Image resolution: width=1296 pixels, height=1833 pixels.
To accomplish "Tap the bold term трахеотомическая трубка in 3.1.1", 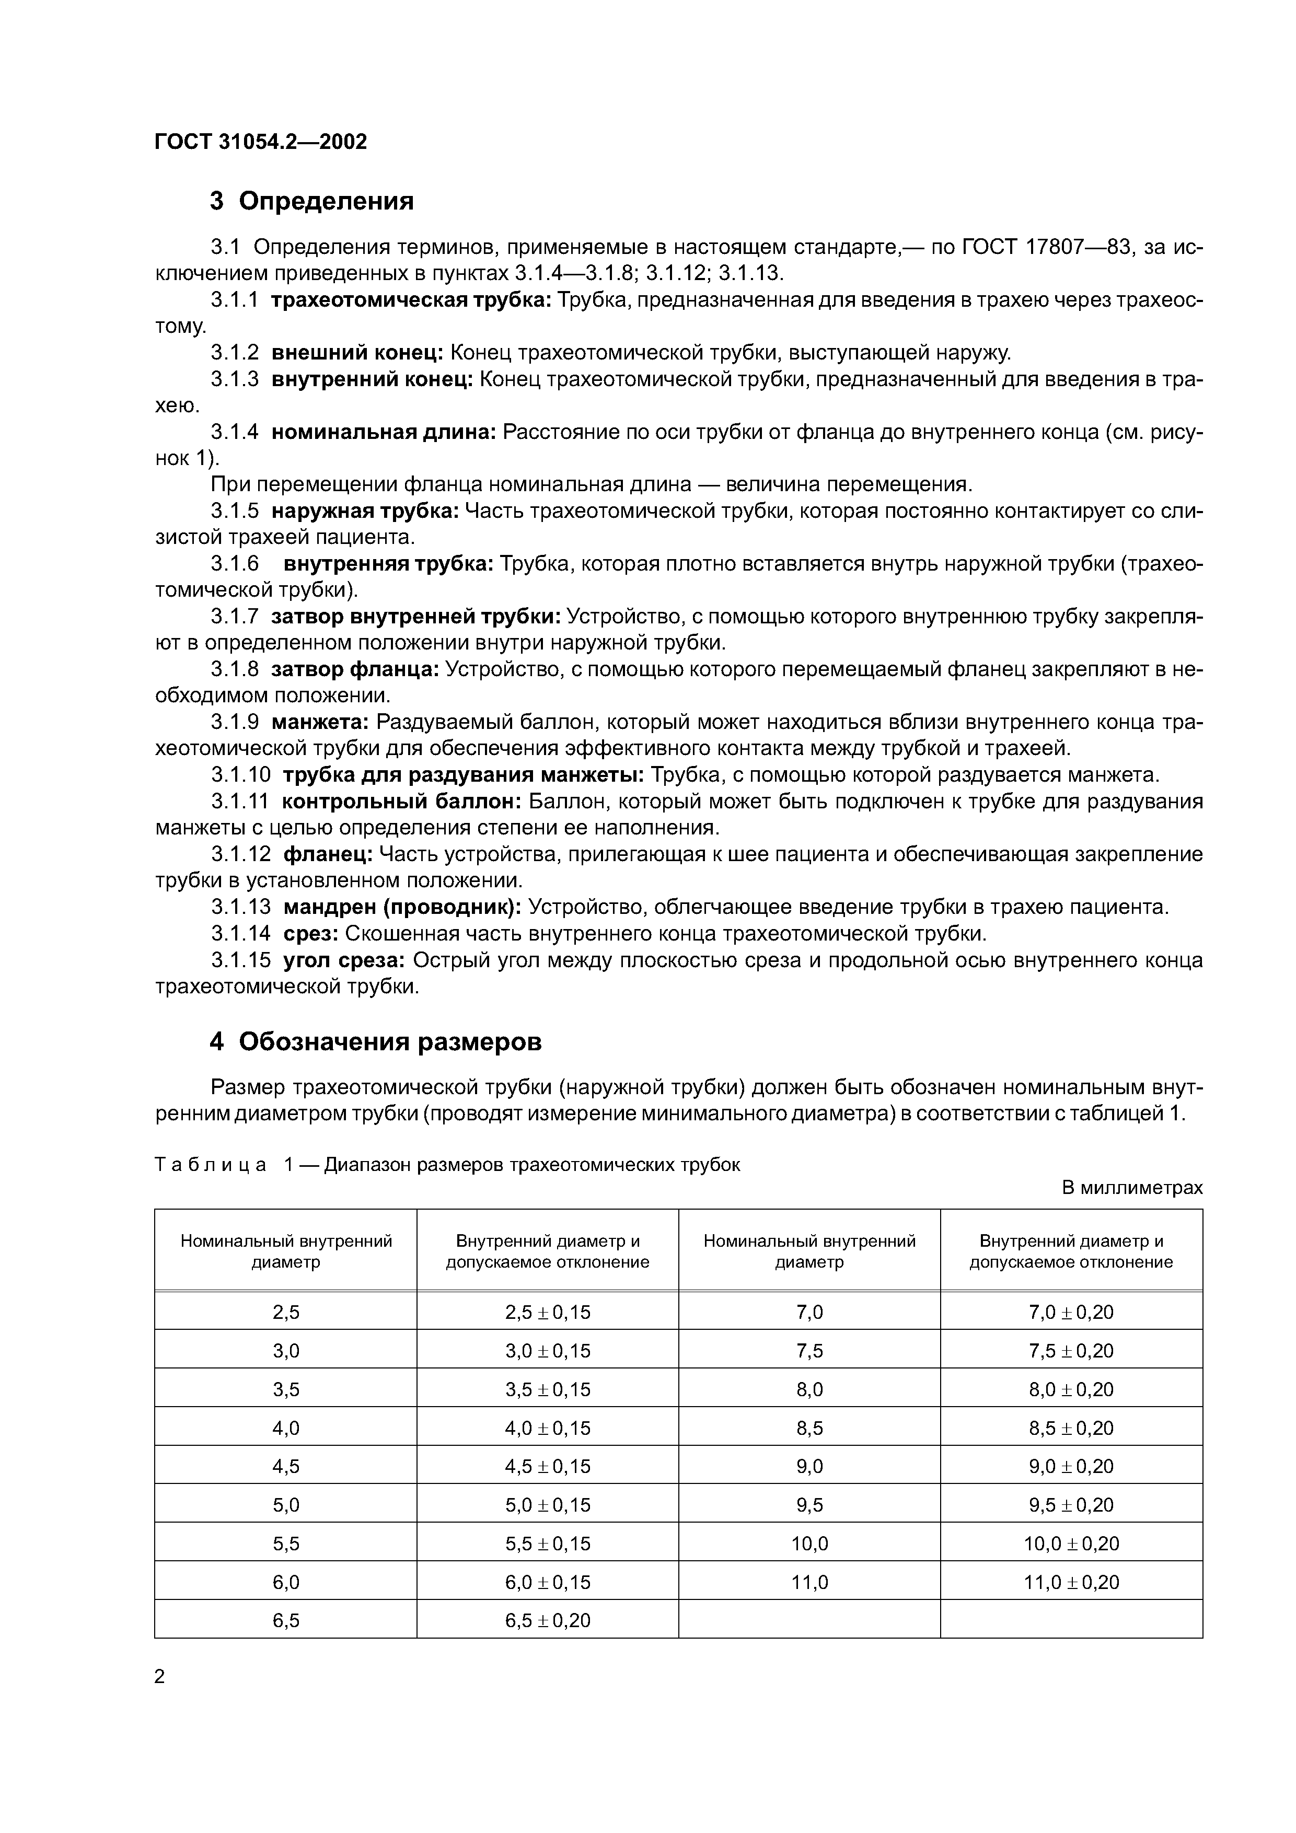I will click(x=411, y=300).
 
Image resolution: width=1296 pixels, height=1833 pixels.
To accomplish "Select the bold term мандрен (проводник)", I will click(x=402, y=907).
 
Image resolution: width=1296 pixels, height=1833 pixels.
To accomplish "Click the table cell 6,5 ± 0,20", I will click(x=548, y=1620).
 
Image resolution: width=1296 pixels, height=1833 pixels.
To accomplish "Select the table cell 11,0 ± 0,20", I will click(x=1071, y=1582).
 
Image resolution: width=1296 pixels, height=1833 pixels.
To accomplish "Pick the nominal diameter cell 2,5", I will click(x=286, y=1312).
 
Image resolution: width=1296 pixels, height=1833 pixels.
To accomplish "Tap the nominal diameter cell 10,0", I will click(x=809, y=1543).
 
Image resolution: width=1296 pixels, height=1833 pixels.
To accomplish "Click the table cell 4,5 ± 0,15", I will click(x=548, y=1466).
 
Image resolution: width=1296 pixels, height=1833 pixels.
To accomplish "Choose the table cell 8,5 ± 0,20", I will click(x=1071, y=1428).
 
